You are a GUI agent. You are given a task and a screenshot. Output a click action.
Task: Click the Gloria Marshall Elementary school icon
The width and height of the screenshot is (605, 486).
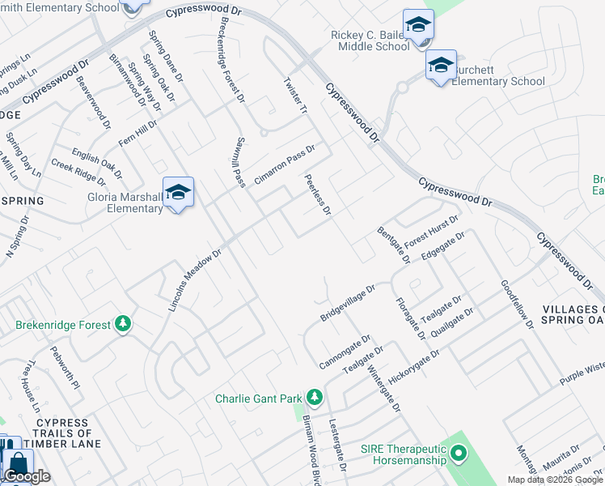(178, 193)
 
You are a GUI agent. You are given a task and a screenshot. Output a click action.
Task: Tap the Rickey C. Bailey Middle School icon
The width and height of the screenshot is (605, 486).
(418, 25)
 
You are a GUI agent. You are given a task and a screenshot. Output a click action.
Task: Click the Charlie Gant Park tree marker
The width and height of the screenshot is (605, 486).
(315, 398)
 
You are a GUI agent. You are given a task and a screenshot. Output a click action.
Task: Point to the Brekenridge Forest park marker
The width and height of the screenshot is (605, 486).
(122, 324)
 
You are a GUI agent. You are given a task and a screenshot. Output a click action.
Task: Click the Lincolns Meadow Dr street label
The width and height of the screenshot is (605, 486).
(194, 280)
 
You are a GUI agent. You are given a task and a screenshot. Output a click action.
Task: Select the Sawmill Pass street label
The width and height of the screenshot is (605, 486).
(239, 162)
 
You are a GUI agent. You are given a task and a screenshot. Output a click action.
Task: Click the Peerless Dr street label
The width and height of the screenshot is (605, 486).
(318, 194)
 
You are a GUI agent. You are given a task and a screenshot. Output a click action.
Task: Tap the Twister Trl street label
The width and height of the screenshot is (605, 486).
(294, 96)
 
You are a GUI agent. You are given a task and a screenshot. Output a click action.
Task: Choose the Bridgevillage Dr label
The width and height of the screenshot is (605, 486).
(348, 302)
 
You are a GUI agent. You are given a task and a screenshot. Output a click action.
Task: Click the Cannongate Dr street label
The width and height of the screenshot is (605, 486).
(344, 352)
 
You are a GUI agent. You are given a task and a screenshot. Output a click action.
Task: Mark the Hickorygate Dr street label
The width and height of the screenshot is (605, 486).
(413, 367)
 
